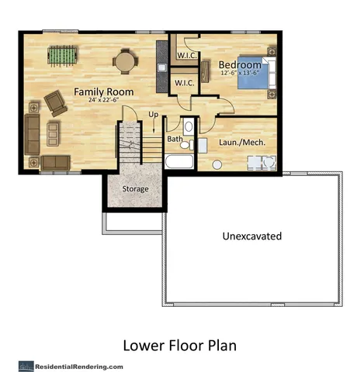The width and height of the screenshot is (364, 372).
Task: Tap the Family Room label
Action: coord(104,91)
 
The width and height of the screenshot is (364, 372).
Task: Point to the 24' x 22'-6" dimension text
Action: coord(103,101)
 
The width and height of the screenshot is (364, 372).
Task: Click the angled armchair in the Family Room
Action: coord(54,101)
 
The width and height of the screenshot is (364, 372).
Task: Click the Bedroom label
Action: coord(239,64)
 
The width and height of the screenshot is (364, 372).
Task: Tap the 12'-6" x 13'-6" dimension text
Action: coord(237,73)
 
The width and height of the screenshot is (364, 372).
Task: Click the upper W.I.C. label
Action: coord(186,56)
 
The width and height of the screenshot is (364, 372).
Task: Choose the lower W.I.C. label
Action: coord(184,83)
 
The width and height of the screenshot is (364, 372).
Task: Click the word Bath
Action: coord(175,139)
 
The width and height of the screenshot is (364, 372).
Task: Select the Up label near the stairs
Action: coord(153,115)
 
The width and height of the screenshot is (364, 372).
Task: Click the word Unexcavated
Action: coord(251,236)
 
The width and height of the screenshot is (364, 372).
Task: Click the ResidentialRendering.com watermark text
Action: coord(77,365)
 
